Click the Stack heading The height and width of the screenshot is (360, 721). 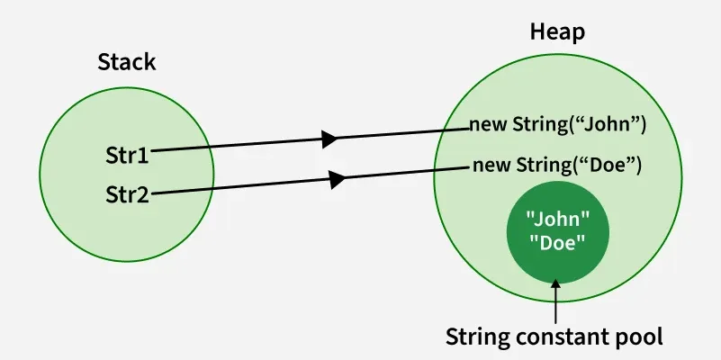click(x=126, y=62)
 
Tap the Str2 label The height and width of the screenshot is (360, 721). click(x=127, y=193)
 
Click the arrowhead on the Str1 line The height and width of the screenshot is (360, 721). click(x=329, y=139)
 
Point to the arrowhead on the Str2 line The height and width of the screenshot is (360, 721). click(x=338, y=179)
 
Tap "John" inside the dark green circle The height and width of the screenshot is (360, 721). click(x=557, y=219)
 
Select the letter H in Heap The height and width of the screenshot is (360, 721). click(x=537, y=32)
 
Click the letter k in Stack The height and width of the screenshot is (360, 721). click(x=150, y=62)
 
